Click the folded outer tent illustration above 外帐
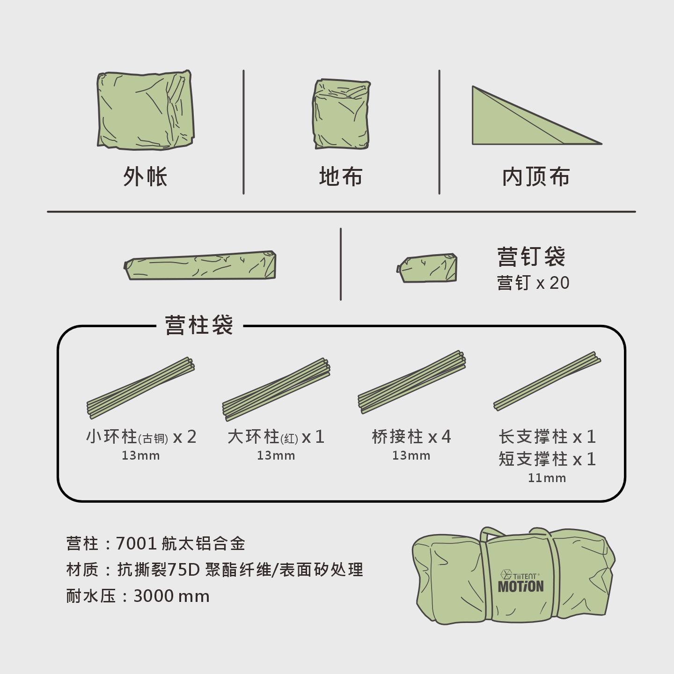click(x=146, y=110)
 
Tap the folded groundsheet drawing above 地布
click(x=341, y=114)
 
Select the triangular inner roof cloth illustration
click(x=525, y=121)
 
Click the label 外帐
click(x=145, y=176)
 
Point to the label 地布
click(x=341, y=176)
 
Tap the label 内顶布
click(x=536, y=176)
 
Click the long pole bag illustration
click(x=200, y=265)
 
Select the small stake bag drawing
click(x=427, y=268)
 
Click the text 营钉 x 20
click(x=533, y=283)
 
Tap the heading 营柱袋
click(x=199, y=325)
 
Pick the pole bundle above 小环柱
click(x=140, y=388)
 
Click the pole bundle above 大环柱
click(x=276, y=389)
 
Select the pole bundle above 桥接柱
click(x=412, y=382)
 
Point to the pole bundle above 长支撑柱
click(x=547, y=381)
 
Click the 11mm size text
click(x=547, y=478)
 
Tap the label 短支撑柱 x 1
click(x=547, y=459)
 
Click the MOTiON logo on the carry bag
click(x=521, y=586)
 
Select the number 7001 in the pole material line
click(x=136, y=544)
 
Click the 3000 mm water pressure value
click(x=171, y=596)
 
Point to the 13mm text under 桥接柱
click(x=411, y=455)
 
